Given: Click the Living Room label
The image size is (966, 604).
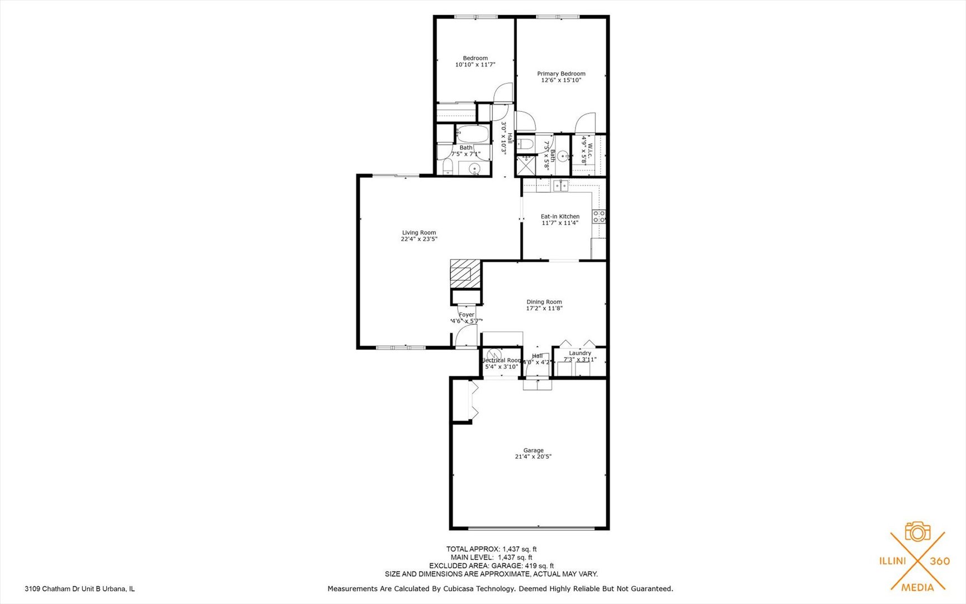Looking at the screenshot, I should [x=419, y=233].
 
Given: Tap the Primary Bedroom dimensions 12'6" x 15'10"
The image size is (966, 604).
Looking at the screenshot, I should [x=561, y=81].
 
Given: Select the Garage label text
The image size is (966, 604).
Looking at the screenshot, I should [x=533, y=450].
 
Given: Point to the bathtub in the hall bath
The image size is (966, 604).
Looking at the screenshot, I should [x=473, y=134].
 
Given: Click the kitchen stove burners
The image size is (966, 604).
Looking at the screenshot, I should [x=599, y=216].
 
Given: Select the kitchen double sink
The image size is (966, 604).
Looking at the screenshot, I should [x=560, y=186].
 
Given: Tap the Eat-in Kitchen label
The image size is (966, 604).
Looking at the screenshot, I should [x=560, y=216].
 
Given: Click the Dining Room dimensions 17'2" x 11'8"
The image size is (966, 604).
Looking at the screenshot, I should [x=544, y=308].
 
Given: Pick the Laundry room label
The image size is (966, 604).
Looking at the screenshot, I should [x=580, y=353].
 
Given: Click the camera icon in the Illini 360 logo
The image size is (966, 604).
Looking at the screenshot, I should [x=917, y=532].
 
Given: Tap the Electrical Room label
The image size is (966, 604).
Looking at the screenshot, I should [x=501, y=361].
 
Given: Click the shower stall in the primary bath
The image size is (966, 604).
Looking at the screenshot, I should [x=526, y=165].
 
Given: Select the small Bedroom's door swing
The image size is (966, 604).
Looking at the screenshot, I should [x=503, y=93].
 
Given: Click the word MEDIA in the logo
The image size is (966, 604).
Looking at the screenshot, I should [x=917, y=587].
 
